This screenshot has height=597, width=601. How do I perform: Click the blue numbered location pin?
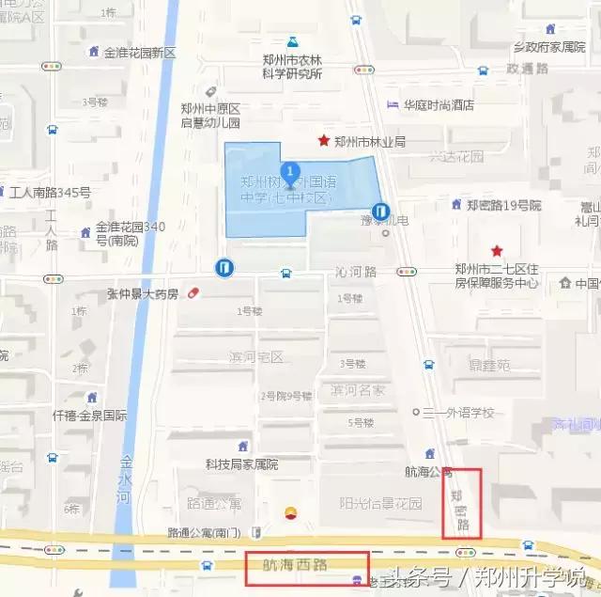point(291,174)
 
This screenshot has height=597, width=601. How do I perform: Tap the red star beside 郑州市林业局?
point(324,141)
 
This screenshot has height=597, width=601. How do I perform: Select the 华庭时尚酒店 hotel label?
point(438,105)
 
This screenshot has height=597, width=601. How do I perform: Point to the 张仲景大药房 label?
point(142,294)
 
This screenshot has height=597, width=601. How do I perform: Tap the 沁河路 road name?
point(355,272)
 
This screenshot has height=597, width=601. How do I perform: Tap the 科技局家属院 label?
point(242,464)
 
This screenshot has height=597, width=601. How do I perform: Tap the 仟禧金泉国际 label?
point(90,415)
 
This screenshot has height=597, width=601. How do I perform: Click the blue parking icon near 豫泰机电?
point(380,212)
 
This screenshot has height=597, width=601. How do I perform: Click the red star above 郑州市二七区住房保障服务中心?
point(497,251)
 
